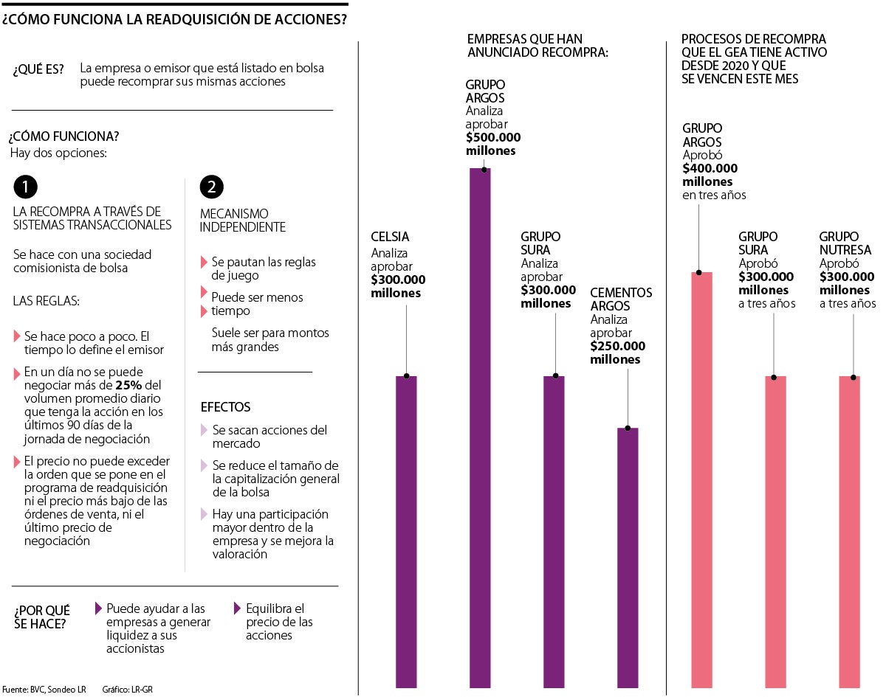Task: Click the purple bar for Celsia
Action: (406, 531)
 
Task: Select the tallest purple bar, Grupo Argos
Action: (480, 428)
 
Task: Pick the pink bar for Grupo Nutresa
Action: (850, 531)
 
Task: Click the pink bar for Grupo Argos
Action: (701, 479)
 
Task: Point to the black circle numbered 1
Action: (25, 187)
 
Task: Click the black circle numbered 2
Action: (212, 187)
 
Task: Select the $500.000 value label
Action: (492, 137)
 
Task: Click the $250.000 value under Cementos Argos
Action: (617, 346)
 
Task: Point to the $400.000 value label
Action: (710, 168)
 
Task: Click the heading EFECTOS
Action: (225, 407)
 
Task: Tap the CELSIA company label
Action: (390, 237)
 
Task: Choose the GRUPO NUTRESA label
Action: (845, 243)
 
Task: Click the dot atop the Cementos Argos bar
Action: (628, 428)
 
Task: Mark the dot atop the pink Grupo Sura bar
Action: (775, 377)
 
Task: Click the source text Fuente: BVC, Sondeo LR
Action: (44, 690)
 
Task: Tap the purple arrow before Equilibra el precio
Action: (238, 608)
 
